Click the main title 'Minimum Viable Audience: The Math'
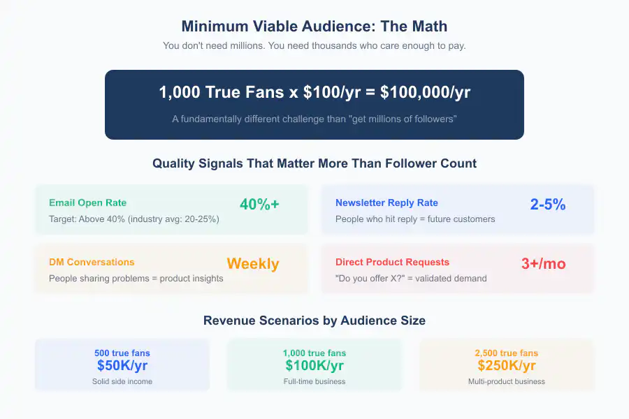click(314, 27)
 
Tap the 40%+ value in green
click(259, 205)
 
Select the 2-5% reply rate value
click(548, 205)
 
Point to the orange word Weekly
click(253, 264)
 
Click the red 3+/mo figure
click(544, 264)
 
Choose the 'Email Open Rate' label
click(88, 203)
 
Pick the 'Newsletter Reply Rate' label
click(386, 203)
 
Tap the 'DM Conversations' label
click(92, 263)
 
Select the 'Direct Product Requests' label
click(392, 263)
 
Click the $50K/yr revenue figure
click(122, 365)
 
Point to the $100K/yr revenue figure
click(314, 365)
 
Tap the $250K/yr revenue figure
click(507, 365)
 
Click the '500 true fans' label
click(122, 353)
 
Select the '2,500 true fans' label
click(507, 353)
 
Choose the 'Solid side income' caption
click(122, 381)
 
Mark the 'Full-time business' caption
click(314, 381)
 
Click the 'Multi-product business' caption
click(507, 381)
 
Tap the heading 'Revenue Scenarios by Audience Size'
click(314, 321)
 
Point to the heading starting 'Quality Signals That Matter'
click(314, 164)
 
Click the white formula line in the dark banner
click(314, 94)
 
